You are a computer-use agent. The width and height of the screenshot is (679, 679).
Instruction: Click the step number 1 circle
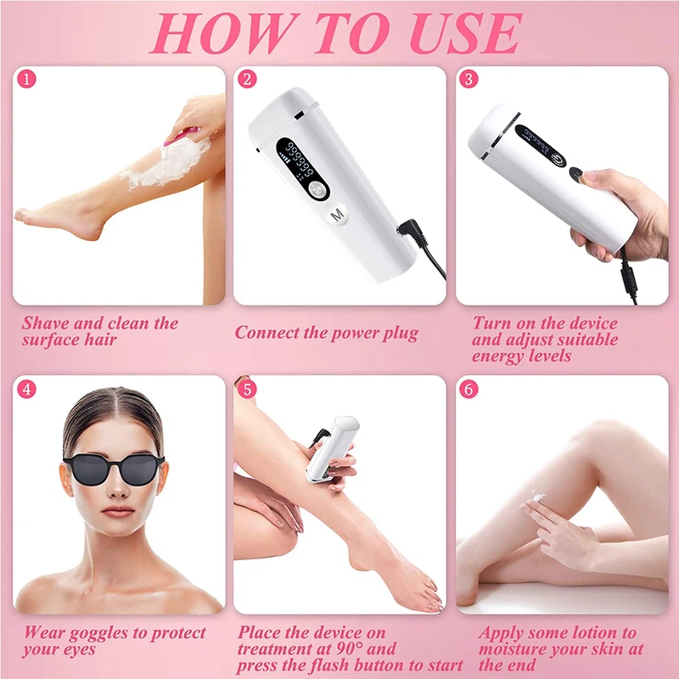[x=27, y=81]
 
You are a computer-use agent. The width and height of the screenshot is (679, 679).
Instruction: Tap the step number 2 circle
[x=248, y=81]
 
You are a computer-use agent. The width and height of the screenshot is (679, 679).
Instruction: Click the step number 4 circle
[x=27, y=390]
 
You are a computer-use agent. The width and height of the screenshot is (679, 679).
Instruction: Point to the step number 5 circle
[x=248, y=390]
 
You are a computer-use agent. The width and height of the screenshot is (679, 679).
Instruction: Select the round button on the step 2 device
[x=317, y=189]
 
